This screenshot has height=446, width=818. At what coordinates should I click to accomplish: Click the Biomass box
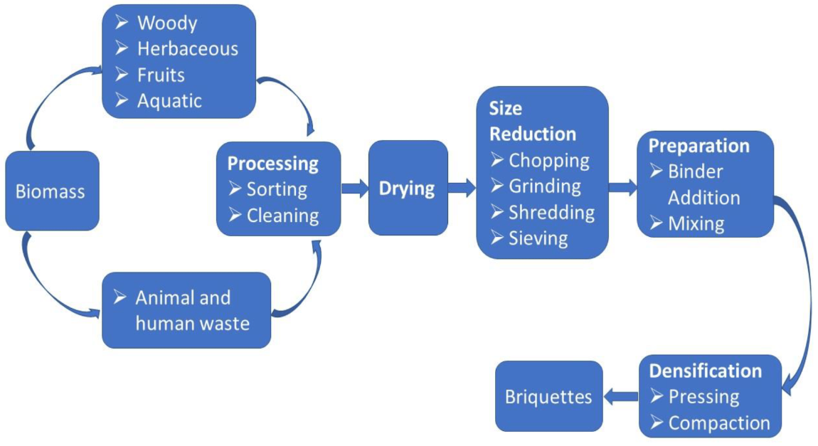click(x=52, y=191)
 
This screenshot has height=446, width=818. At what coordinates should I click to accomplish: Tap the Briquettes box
click(x=549, y=396)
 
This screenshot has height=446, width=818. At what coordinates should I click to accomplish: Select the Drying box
click(x=408, y=188)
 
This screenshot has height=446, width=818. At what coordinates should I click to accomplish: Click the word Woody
click(x=167, y=23)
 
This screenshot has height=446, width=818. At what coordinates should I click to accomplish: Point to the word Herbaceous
click(x=188, y=48)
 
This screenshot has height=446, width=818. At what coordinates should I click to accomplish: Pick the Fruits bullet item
click(x=150, y=75)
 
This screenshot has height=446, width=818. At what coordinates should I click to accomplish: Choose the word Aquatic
click(x=169, y=101)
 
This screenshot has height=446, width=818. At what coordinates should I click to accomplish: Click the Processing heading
click(x=273, y=164)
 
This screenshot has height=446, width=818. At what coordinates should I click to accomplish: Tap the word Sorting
click(x=277, y=189)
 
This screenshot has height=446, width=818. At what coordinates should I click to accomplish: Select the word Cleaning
click(x=283, y=216)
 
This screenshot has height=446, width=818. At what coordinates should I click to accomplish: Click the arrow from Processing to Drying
click(x=355, y=188)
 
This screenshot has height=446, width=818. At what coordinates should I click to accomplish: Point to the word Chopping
click(x=549, y=161)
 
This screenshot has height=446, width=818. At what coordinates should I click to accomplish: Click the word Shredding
click(x=551, y=212)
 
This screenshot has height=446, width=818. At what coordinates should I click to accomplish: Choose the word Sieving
click(x=538, y=238)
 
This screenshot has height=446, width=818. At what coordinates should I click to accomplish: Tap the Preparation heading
click(x=699, y=146)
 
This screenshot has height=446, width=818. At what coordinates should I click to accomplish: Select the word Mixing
click(x=696, y=224)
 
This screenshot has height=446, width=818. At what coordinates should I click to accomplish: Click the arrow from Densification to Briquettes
click(x=621, y=397)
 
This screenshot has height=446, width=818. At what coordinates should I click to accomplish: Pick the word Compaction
click(x=719, y=423)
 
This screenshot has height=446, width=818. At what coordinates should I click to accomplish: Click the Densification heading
click(x=706, y=371)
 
